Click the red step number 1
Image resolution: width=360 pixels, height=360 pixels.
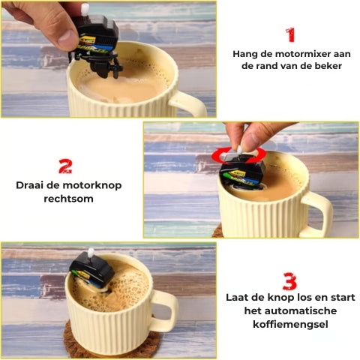(x=289, y=34)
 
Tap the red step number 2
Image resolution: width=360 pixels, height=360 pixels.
(x=65, y=166)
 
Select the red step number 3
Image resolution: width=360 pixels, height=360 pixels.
(x=289, y=282)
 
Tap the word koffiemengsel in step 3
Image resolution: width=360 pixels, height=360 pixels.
(x=289, y=323)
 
